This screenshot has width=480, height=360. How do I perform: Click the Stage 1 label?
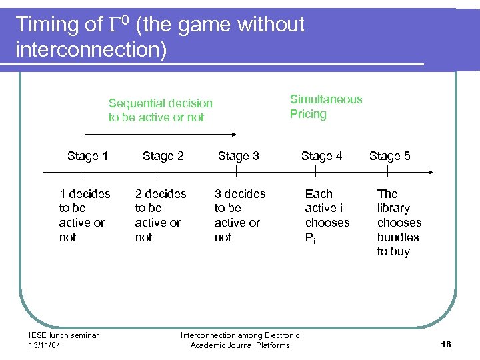click(87, 156)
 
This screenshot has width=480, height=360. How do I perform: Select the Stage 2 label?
click(163, 156)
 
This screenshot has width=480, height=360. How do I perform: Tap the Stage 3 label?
click(238, 156)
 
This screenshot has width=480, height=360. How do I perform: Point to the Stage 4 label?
click(321, 156)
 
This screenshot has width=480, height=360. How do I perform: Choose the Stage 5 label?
click(389, 156)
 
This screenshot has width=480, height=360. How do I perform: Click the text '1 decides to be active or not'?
click(85, 215)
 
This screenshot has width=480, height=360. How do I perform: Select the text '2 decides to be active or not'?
click(161, 215)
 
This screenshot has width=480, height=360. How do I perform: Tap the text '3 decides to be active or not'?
click(239, 215)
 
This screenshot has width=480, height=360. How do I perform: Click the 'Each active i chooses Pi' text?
click(327, 215)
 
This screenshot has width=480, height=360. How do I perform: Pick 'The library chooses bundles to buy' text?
click(399, 222)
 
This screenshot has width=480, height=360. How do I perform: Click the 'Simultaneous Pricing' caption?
click(325, 107)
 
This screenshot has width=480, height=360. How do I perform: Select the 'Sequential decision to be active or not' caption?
click(160, 110)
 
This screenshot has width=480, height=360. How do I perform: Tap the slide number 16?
click(446, 344)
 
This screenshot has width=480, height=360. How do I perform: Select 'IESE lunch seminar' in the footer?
click(64, 335)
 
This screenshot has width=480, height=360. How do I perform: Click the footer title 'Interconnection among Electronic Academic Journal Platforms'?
click(240, 340)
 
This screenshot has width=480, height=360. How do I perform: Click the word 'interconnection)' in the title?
click(91, 50)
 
